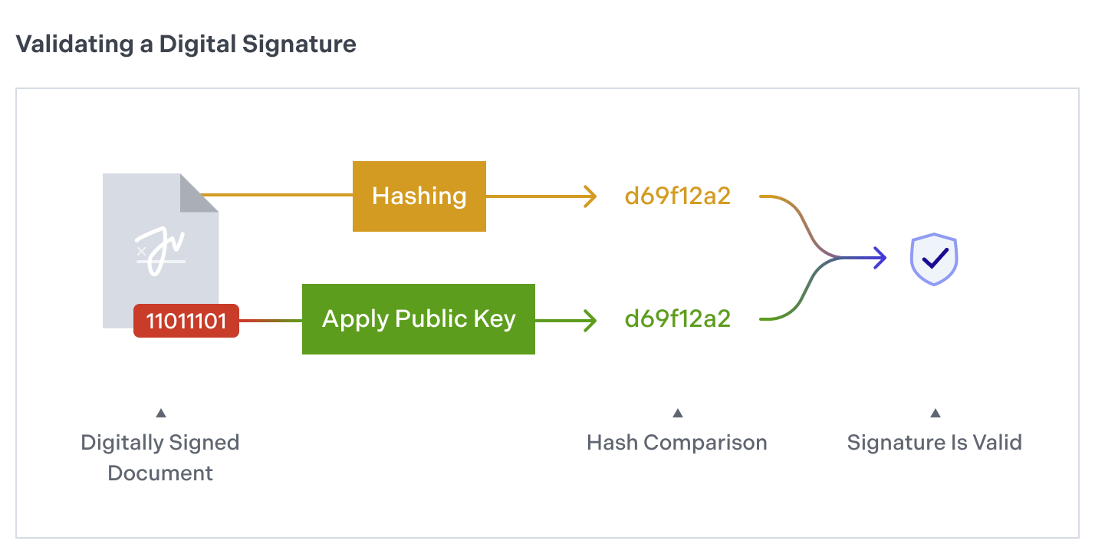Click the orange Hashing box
point(419,196)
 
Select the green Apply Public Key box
point(418,319)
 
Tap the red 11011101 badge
point(186,320)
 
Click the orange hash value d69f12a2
point(678,196)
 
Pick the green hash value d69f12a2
point(678,319)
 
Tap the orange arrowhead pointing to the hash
point(590,196)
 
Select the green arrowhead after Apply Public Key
point(590,319)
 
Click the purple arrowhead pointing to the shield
point(880,258)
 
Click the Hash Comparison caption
point(677,443)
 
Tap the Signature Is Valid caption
point(934,443)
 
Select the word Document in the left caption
point(160,473)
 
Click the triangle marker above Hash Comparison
point(677,414)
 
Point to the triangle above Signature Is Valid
point(935,414)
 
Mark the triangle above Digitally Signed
point(160,414)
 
